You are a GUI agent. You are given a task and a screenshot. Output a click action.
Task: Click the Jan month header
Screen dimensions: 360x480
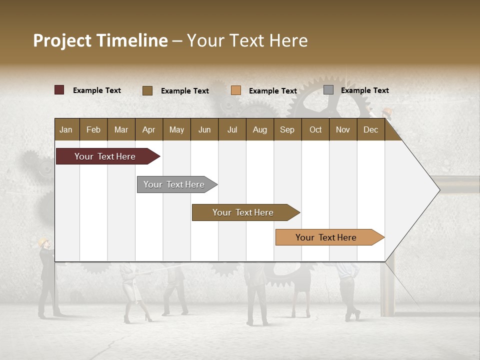[x=66, y=129]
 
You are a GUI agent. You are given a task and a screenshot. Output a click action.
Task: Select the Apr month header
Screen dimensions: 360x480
[x=148, y=129]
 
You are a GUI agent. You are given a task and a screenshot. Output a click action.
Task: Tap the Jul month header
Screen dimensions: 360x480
[x=232, y=129]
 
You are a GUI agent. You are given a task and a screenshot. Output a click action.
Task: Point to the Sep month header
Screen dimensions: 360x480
[x=287, y=129]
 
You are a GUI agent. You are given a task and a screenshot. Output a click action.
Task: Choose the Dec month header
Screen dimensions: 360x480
[x=370, y=129]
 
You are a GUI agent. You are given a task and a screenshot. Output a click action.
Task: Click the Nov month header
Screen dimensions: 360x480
[x=342, y=129]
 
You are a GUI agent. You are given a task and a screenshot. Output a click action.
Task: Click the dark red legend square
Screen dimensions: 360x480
[x=59, y=90]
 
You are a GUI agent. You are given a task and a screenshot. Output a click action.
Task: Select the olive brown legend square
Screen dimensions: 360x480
[x=147, y=90]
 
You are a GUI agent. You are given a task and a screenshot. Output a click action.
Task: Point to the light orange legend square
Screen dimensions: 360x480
[x=236, y=90]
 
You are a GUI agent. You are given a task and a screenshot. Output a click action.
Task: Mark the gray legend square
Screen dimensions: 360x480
[x=328, y=90]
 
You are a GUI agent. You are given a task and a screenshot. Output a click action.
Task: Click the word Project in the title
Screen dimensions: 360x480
[x=62, y=40]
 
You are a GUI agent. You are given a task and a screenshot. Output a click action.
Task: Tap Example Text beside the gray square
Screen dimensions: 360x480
[x=364, y=90]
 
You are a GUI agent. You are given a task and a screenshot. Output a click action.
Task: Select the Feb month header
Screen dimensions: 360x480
[x=93, y=129]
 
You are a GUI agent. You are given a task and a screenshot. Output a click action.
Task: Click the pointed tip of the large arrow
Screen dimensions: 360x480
[x=439, y=189]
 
